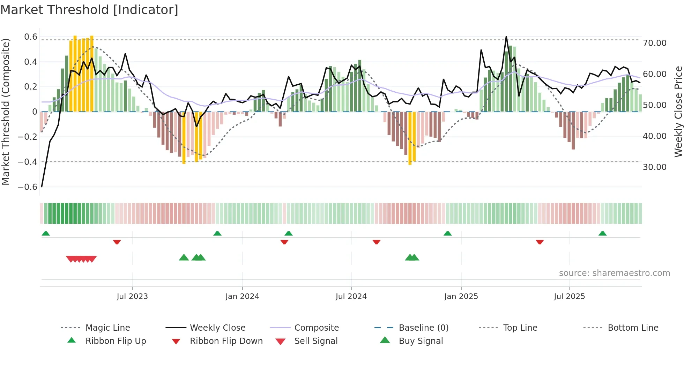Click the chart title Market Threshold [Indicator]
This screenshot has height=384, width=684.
tap(89, 10)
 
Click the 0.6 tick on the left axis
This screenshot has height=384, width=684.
tap(31, 37)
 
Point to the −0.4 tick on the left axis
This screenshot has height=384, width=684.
tap(28, 162)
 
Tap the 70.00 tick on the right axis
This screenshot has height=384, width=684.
tap(655, 43)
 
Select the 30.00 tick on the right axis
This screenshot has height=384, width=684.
tap(655, 167)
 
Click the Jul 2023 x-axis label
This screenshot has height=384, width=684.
tap(132, 297)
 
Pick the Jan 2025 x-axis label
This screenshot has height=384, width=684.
tap(461, 297)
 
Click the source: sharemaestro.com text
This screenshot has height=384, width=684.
tap(614, 273)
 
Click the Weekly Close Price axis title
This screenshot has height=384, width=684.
tap(678, 112)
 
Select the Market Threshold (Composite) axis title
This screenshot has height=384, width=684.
tap(6, 112)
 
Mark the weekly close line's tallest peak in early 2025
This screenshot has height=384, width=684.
tap(506, 37)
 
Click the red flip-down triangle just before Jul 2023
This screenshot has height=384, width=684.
tap(117, 242)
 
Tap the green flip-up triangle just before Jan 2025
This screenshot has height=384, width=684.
tap(447, 233)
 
